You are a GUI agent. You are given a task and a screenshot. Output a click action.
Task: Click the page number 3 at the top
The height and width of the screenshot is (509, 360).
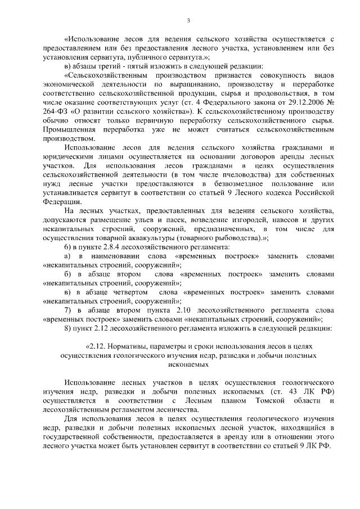189,21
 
